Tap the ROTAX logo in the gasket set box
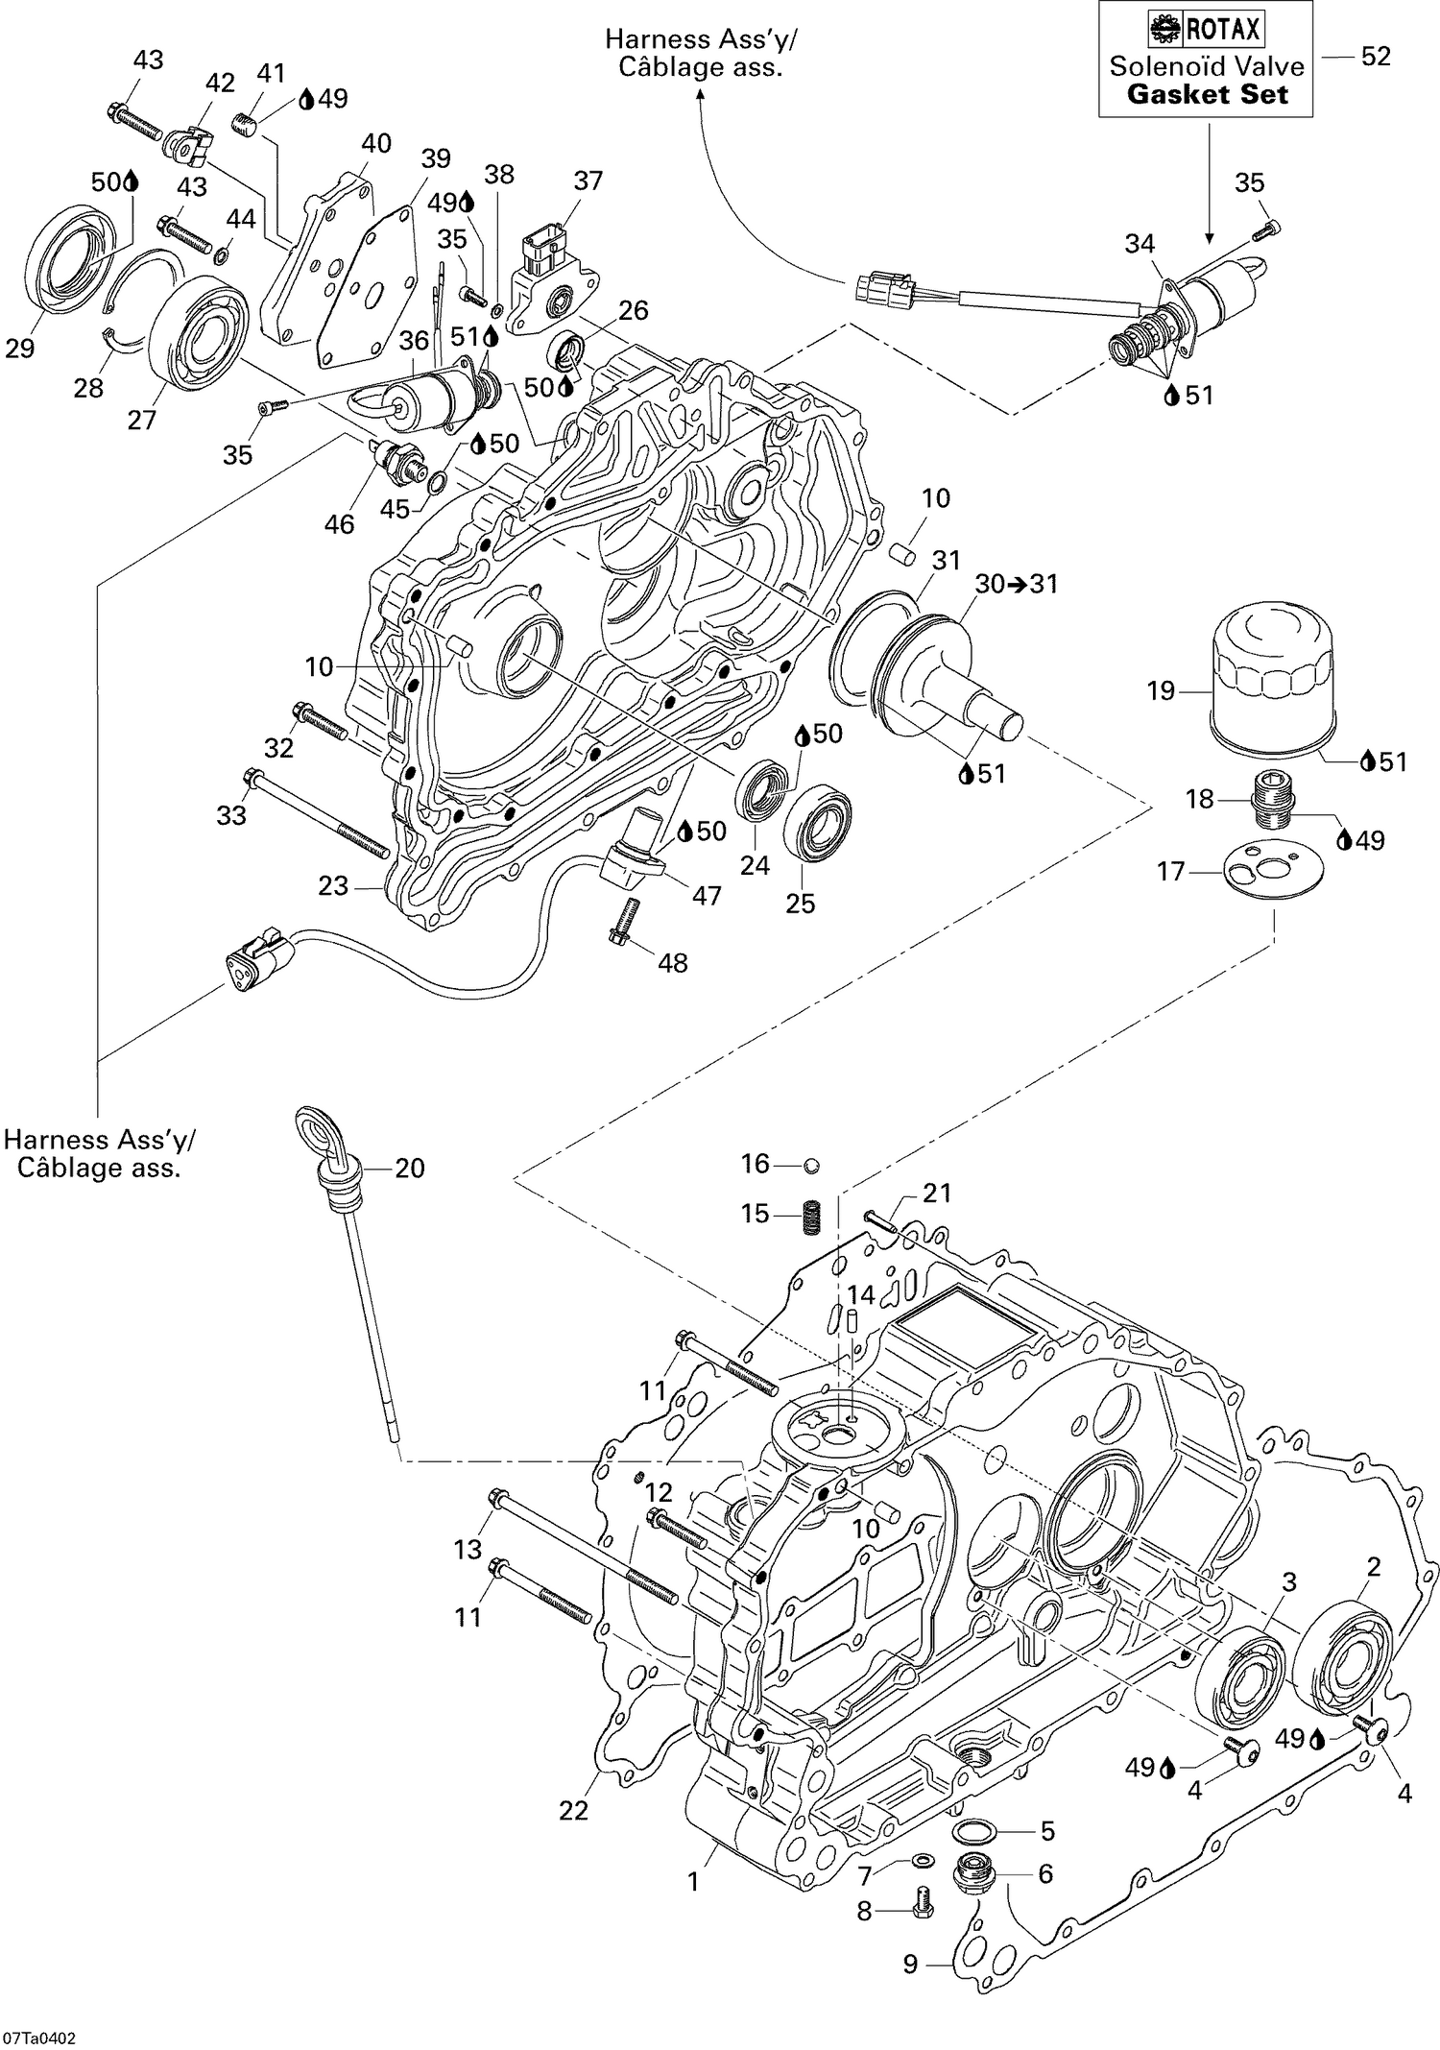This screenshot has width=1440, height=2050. pos(1205,30)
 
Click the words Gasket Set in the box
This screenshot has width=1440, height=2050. pos(1206,94)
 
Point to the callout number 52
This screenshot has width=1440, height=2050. pos(1375,57)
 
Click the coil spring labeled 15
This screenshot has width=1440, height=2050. pos(814,1216)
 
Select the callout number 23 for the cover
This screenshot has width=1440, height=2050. pos(333,885)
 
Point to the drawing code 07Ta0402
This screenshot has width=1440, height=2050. pos(40,2031)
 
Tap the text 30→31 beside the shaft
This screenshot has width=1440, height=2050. pos(1017,584)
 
